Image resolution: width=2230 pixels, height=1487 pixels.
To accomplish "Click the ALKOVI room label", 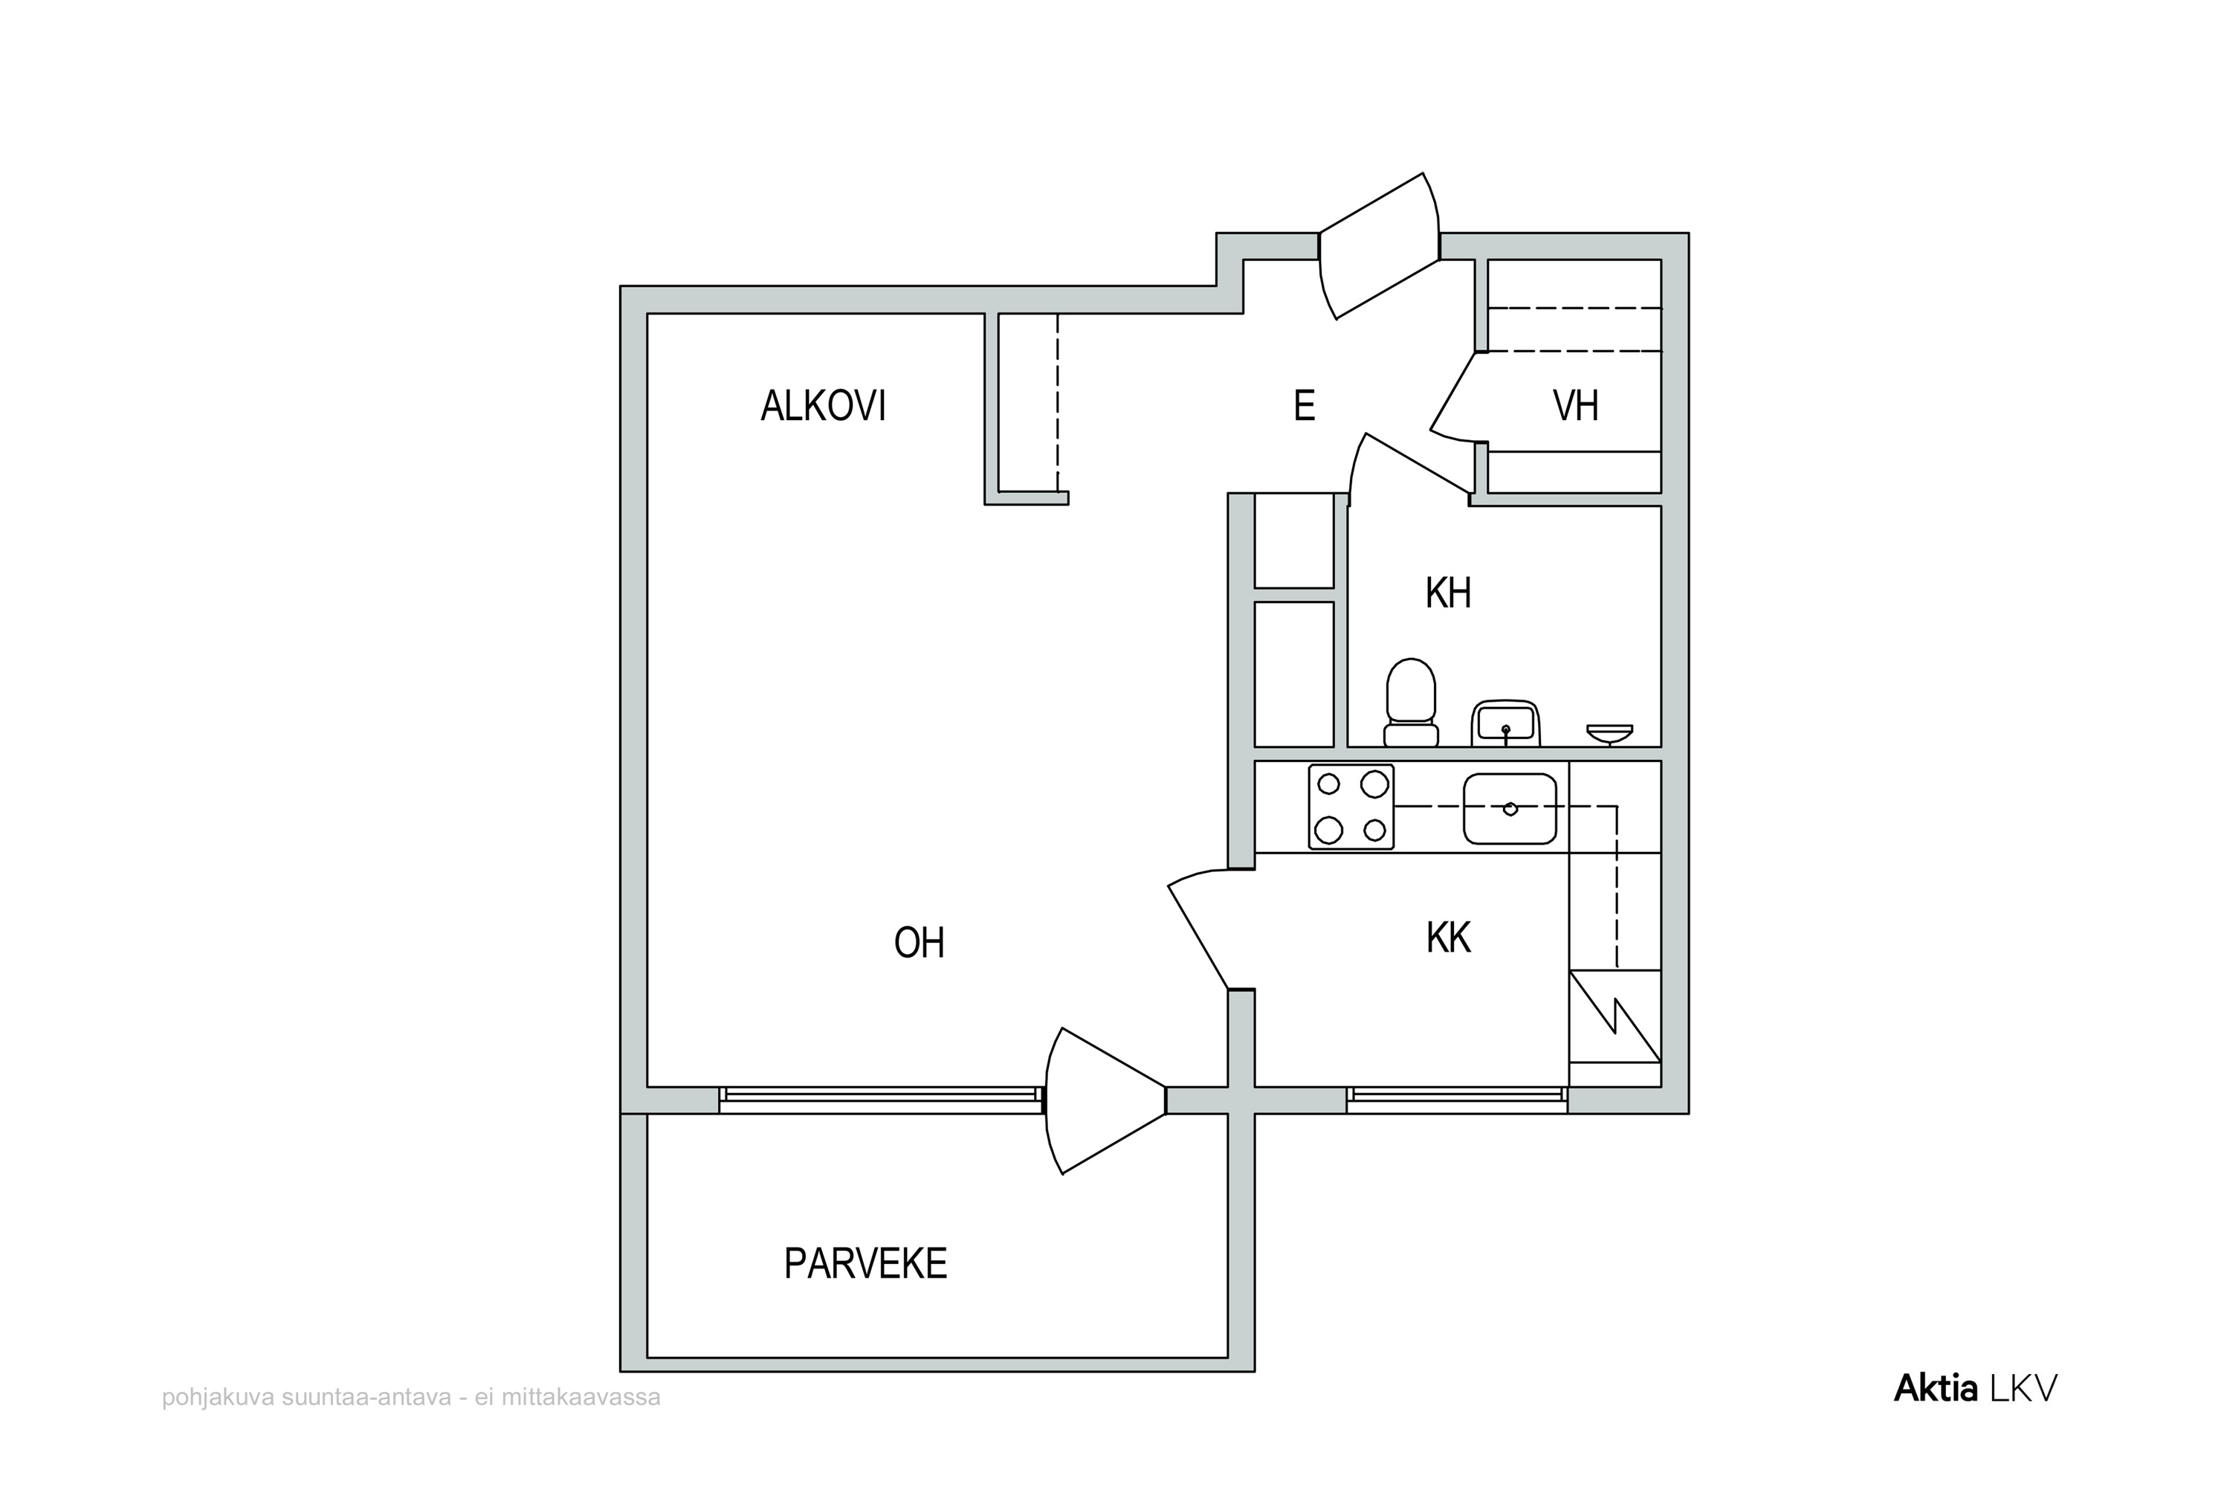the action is click(x=823, y=406).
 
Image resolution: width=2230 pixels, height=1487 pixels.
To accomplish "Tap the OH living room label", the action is click(x=919, y=943).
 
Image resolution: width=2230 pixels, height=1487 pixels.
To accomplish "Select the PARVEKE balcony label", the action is click(x=866, y=1263).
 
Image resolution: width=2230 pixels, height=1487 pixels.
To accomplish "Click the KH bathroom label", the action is click(x=1448, y=593).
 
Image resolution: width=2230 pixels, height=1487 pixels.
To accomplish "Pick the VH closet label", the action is click(x=1575, y=406).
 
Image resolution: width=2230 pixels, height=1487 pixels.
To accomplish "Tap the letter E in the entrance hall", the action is click(x=1304, y=406).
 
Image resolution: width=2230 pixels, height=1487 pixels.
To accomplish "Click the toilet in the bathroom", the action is click(x=1411, y=703).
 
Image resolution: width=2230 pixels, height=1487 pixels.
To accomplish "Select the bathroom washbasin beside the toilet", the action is click(x=1506, y=723).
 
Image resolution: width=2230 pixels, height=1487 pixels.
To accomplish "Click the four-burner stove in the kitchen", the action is click(x=1351, y=807).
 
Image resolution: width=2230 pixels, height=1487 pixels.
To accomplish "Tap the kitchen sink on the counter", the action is click(x=1510, y=809).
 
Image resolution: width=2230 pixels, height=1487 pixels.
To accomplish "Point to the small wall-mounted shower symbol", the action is click(x=1610, y=734).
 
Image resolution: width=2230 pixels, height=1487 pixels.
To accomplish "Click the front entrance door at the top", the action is click(x=1380, y=245).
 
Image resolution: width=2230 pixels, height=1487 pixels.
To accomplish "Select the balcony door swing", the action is click(x=1105, y=1101).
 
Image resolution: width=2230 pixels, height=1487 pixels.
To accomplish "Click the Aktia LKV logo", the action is click(x=1976, y=1390).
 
